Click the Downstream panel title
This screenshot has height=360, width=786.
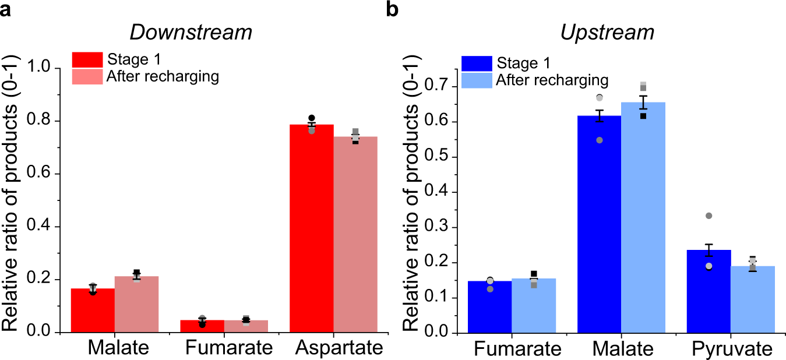click(191, 33)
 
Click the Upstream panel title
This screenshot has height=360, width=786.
click(607, 33)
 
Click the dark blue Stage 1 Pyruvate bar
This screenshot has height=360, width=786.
click(709, 291)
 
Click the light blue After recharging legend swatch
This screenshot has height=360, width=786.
click(476, 80)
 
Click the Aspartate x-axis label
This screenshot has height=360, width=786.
click(339, 348)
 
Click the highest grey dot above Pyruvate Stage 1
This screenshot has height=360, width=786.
click(709, 216)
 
